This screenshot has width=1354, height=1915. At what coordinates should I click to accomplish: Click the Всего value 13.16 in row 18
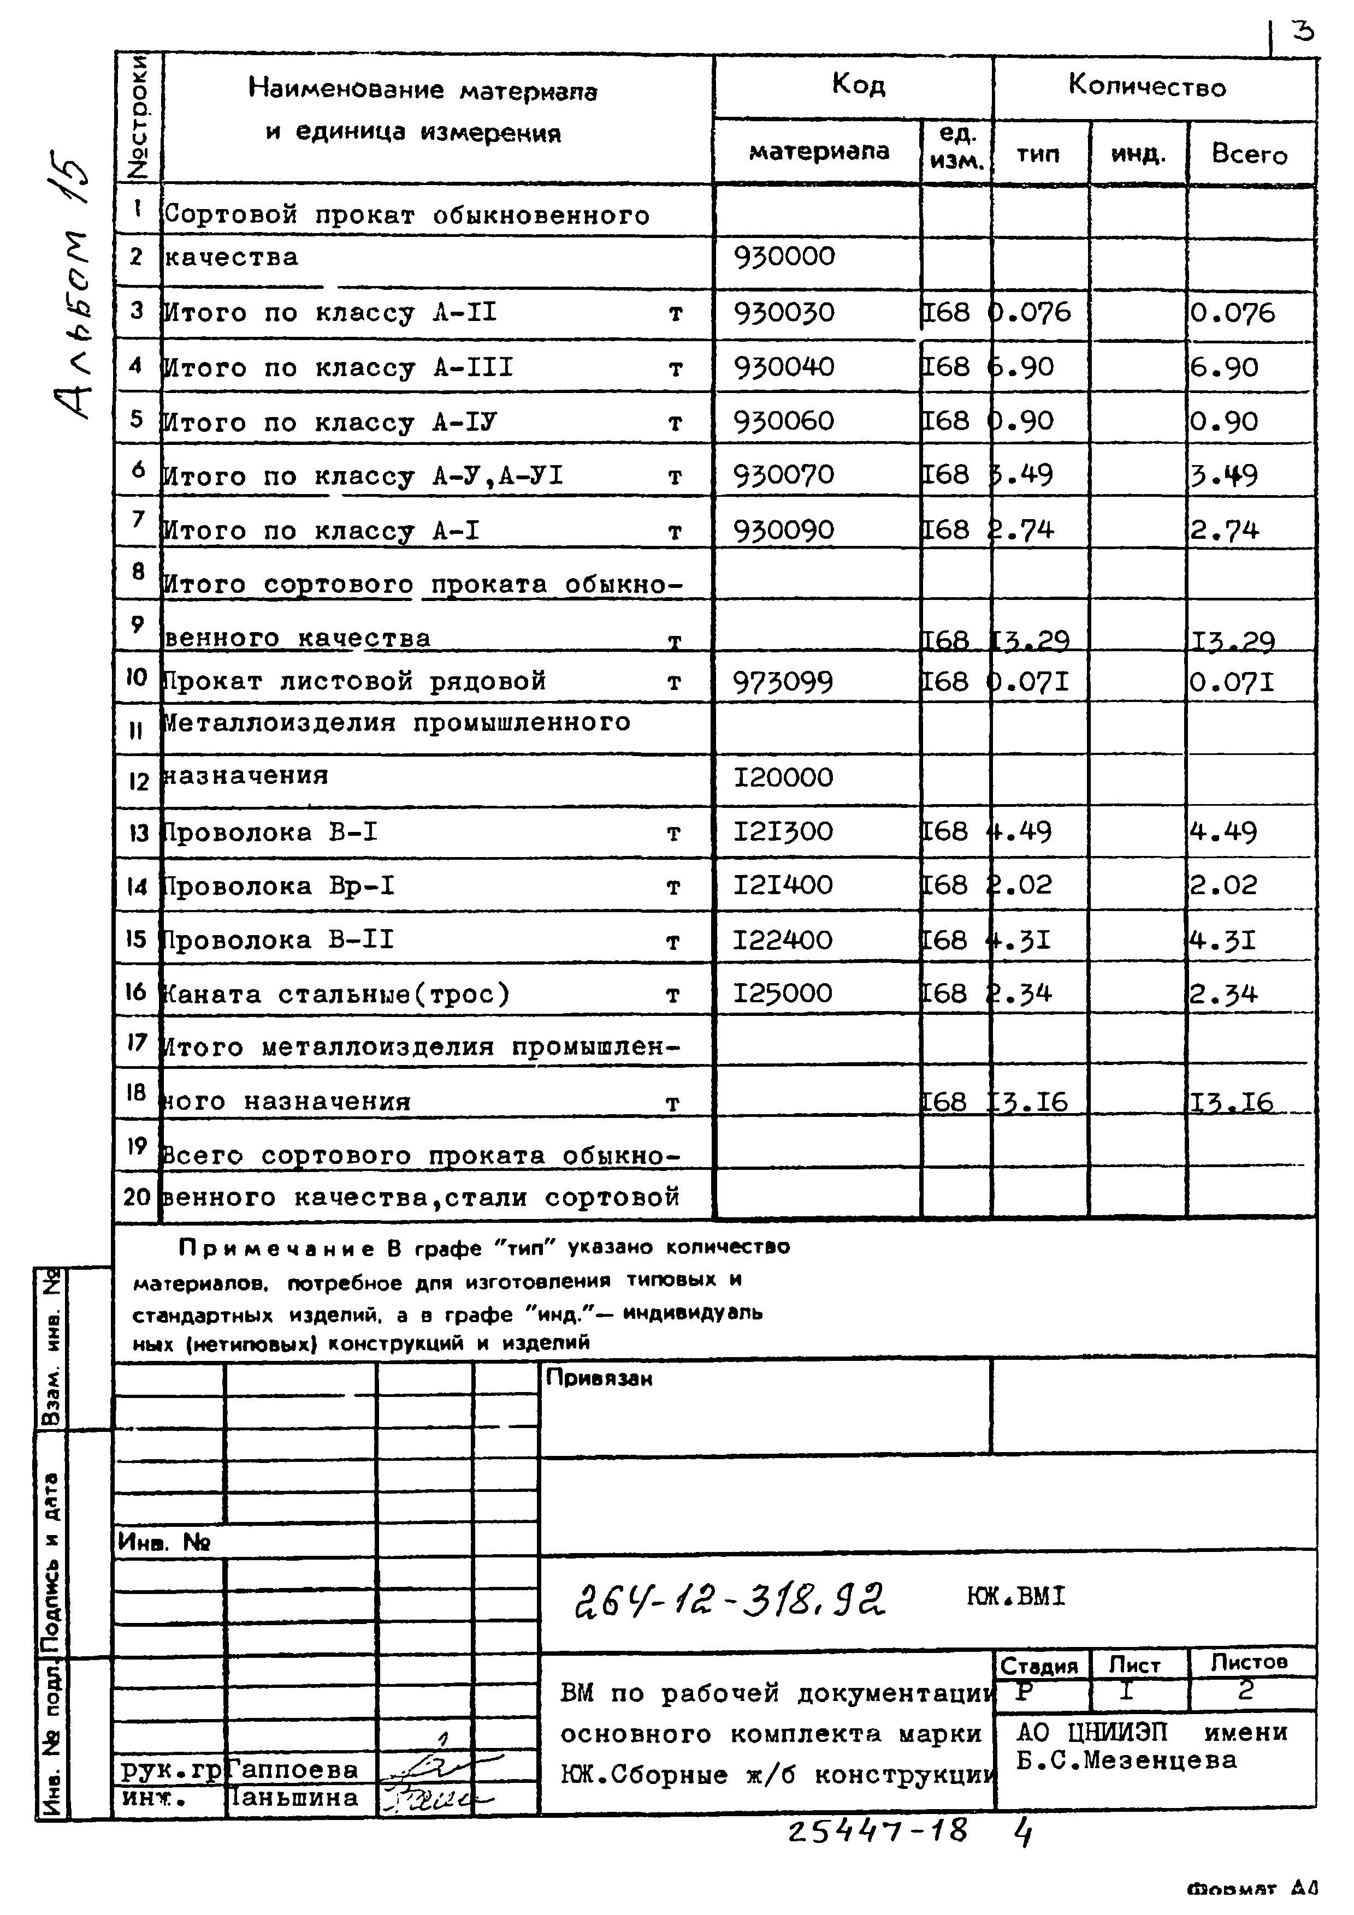tap(1231, 1103)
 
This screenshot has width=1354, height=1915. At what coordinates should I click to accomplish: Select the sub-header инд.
tap(1138, 153)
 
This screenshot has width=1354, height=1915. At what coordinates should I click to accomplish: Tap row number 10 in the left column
tap(136, 677)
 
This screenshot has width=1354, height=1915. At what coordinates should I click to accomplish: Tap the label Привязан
tap(599, 1379)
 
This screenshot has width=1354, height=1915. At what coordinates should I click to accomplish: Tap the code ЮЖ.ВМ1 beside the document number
tap(1015, 1596)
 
